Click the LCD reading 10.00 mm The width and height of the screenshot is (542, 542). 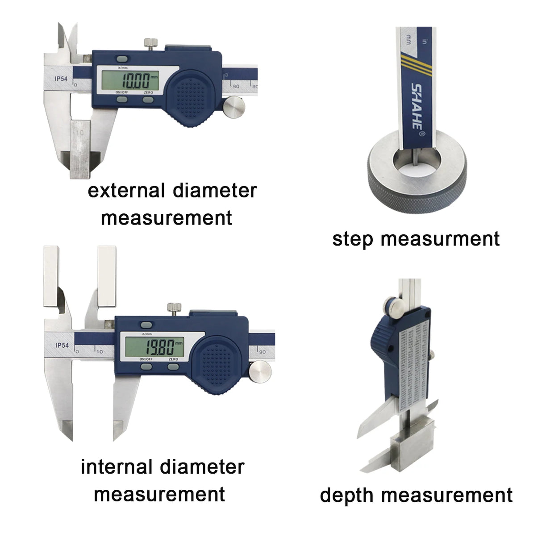pyautogui.click(x=134, y=82)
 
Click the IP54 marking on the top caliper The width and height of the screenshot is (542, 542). pyautogui.click(x=61, y=79)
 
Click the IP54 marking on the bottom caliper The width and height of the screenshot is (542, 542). pyautogui.click(x=62, y=345)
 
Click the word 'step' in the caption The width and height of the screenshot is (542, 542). pyautogui.click(x=352, y=239)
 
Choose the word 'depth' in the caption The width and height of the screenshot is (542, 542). pyautogui.click(x=347, y=496)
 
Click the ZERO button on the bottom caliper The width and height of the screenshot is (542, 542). pyautogui.click(x=173, y=367)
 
